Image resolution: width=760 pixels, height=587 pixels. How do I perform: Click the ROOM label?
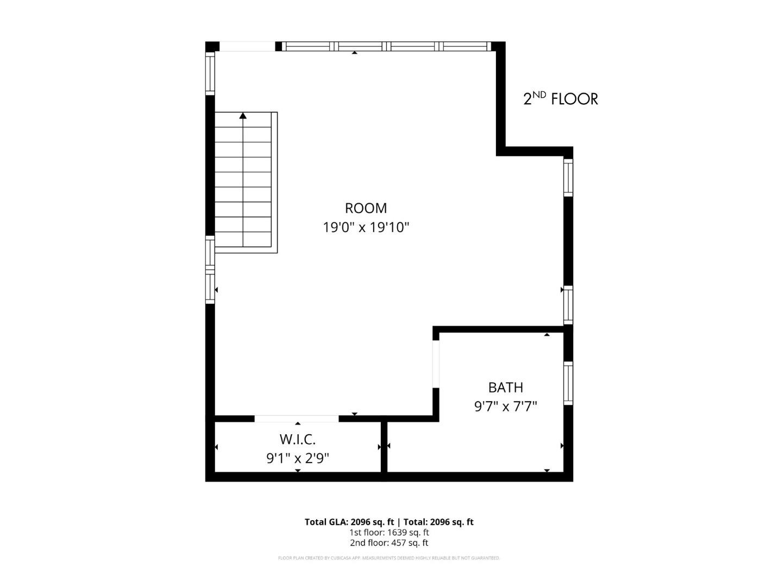coord(366,208)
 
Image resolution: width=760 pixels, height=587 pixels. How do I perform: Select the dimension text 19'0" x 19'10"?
coord(366,227)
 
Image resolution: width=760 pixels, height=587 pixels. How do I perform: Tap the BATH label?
coord(505,388)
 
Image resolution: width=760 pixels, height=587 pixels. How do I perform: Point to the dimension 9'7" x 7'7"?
coord(505,407)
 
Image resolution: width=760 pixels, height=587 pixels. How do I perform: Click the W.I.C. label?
coord(297,439)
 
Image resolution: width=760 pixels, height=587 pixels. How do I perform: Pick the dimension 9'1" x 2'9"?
coord(297,459)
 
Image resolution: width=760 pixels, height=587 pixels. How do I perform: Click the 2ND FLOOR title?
coord(560,98)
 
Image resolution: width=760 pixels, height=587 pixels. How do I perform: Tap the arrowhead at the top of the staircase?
coord(243,115)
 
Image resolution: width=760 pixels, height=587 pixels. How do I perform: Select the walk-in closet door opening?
coord(297,419)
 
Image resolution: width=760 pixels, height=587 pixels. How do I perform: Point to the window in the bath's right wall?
coord(568,383)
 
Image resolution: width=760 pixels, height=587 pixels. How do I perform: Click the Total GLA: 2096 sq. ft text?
coord(349,522)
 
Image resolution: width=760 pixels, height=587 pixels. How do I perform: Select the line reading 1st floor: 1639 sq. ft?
coord(389,533)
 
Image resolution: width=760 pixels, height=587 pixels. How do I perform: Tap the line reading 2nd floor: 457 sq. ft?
coord(389,543)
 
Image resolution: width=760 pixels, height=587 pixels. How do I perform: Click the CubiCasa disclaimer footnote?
coord(389,558)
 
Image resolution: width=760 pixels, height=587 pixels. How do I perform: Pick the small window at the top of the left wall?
coord(210,73)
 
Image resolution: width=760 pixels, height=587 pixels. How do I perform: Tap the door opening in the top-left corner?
coord(247,47)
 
